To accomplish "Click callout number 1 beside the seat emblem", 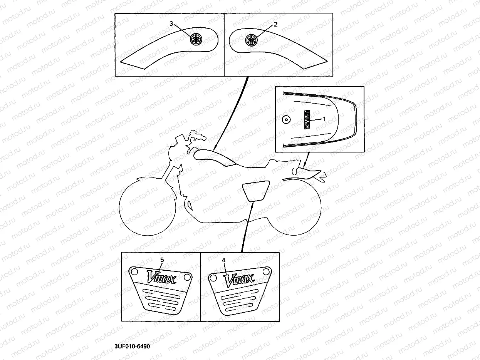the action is pyautogui.click(x=324, y=119).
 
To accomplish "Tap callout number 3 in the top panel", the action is pyautogui.click(x=171, y=24).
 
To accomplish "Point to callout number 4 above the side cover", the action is pyautogui.click(x=223, y=260).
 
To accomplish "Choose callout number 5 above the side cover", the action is pyautogui.click(x=162, y=260).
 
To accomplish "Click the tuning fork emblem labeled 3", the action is pyautogui.click(x=196, y=39).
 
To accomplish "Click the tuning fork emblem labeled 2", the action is pyautogui.click(x=252, y=39).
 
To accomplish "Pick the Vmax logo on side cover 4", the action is pyautogui.click(x=239, y=280).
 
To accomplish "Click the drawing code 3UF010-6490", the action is pyautogui.click(x=132, y=346).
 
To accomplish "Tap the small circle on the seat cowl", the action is pyautogui.click(x=286, y=119).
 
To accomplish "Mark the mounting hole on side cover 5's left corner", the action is pyautogui.click(x=134, y=271).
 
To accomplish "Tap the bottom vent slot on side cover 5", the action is pyautogui.click(x=163, y=305).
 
